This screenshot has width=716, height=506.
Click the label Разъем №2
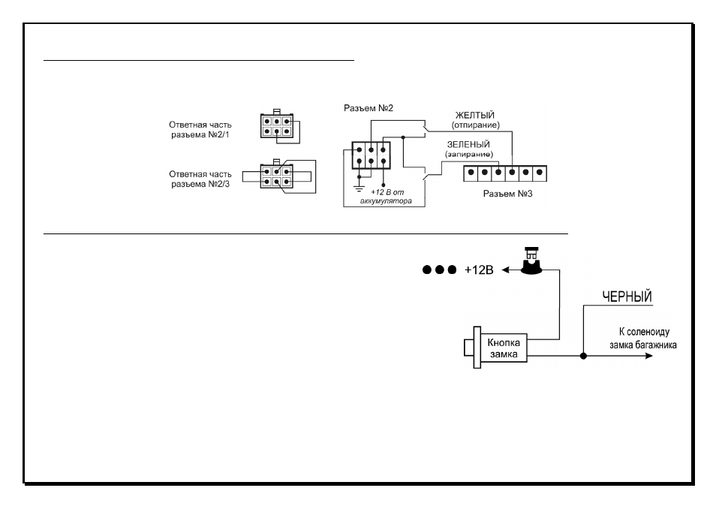click(x=368, y=108)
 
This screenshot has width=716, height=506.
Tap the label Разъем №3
click(x=507, y=194)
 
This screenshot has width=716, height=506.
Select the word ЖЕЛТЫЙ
click(x=475, y=115)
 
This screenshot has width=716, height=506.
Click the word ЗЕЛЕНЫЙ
click(x=468, y=144)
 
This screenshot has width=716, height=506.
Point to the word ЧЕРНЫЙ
click(x=627, y=297)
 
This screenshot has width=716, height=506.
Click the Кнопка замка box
click(x=503, y=348)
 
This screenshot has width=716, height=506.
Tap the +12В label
click(x=479, y=270)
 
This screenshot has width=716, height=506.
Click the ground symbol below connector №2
click(x=359, y=188)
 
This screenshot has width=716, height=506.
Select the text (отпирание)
click(x=475, y=125)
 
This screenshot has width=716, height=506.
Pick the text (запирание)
click(x=469, y=155)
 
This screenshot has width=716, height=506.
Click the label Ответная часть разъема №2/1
click(x=200, y=130)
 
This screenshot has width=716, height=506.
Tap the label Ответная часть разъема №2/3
click(x=200, y=179)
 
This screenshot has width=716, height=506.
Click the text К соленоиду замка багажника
click(x=643, y=339)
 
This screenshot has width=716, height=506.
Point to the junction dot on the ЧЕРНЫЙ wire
click(x=583, y=356)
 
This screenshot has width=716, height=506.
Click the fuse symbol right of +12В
click(x=531, y=261)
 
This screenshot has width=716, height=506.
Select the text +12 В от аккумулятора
click(x=387, y=197)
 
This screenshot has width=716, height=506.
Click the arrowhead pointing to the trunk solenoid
click(x=649, y=356)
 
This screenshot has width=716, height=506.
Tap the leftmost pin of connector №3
click(x=471, y=173)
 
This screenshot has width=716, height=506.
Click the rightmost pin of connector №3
click(x=540, y=173)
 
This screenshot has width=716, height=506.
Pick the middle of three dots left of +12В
click(x=439, y=270)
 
